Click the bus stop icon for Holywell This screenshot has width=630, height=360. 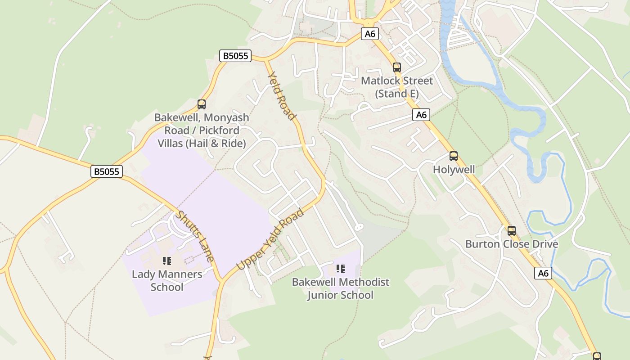coord(454,156)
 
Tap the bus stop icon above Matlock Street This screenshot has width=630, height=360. coord(396,67)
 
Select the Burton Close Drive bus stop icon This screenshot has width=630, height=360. coord(512,231)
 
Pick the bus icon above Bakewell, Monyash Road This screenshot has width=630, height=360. coord(202,104)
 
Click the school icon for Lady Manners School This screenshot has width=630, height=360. coord(167,261)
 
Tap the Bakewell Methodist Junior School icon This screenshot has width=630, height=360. coord(341,269)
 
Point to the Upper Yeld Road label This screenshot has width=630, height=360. coord(270,239)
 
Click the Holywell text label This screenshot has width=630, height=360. coord(454,170)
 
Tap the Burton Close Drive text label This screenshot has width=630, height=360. coord(512,244)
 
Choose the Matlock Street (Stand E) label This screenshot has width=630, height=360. coord(397,87)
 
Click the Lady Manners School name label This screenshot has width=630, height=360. coord(167,280)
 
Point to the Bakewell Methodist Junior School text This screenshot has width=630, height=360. coord(341,288)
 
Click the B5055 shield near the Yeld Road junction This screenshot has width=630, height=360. coord(235,56)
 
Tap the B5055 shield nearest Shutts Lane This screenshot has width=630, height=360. coord(107,171)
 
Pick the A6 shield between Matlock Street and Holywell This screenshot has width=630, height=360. coord(421,115)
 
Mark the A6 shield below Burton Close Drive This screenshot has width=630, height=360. coord(543,273)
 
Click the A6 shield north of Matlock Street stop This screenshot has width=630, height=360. coord(369,34)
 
